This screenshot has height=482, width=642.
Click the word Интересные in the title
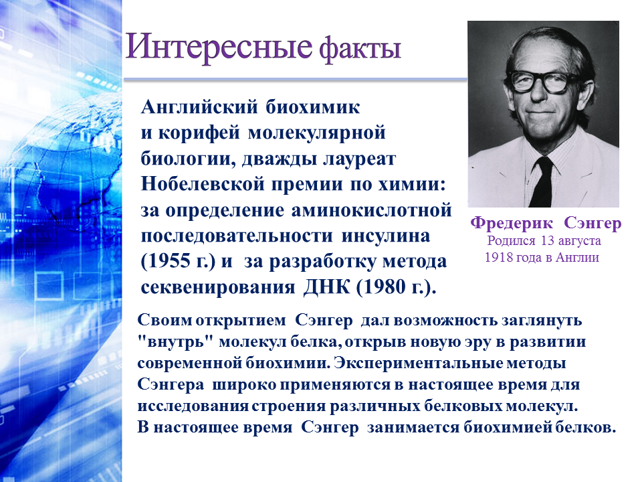(x=219, y=47)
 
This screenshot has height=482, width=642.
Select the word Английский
(x=199, y=108)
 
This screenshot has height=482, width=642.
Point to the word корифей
(x=199, y=133)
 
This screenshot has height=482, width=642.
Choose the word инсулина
(x=386, y=236)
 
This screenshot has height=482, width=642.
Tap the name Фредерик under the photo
(x=512, y=224)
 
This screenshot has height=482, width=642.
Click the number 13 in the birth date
(x=548, y=240)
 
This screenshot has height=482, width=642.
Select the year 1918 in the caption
(x=498, y=257)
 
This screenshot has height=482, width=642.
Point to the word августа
(x=579, y=242)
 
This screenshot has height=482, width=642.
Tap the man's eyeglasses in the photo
(x=543, y=81)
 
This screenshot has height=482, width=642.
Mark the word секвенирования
(x=218, y=288)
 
